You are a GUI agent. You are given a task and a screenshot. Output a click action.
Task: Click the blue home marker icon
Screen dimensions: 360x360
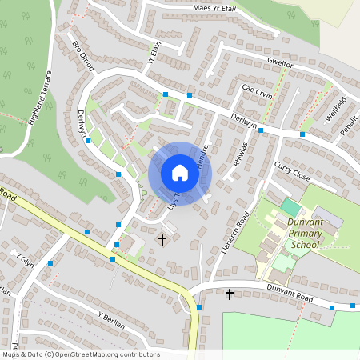point(180,173)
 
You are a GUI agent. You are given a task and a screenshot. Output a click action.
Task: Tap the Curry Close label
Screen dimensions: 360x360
point(291,170)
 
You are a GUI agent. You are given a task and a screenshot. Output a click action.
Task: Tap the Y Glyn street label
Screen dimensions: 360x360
point(25,259)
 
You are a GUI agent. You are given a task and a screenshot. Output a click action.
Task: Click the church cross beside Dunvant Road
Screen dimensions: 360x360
point(230,294)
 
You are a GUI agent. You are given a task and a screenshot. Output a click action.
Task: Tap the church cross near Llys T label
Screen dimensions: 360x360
point(162,239)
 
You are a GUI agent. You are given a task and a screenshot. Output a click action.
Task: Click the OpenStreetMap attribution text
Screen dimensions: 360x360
point(80,354)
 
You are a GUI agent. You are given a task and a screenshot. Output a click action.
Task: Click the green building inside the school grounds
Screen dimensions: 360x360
point(290,206)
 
